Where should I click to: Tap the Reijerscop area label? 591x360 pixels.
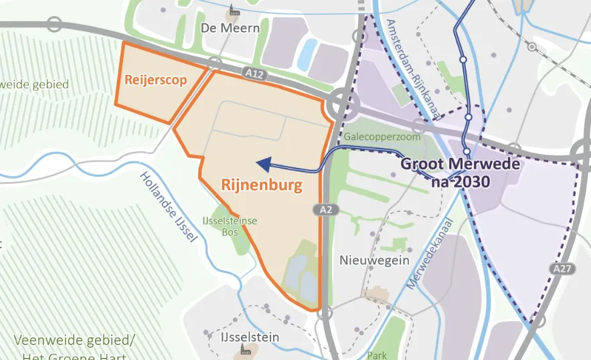point(155,80)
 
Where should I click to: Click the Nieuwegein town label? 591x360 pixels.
point(374,260)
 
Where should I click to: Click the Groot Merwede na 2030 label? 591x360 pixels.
point(445,172)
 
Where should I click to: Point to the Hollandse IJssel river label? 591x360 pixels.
point(169,207)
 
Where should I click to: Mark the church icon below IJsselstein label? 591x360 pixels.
point(246,350)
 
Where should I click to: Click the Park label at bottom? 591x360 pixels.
point(377,355)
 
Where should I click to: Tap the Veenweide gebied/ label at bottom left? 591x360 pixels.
point(74,339)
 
